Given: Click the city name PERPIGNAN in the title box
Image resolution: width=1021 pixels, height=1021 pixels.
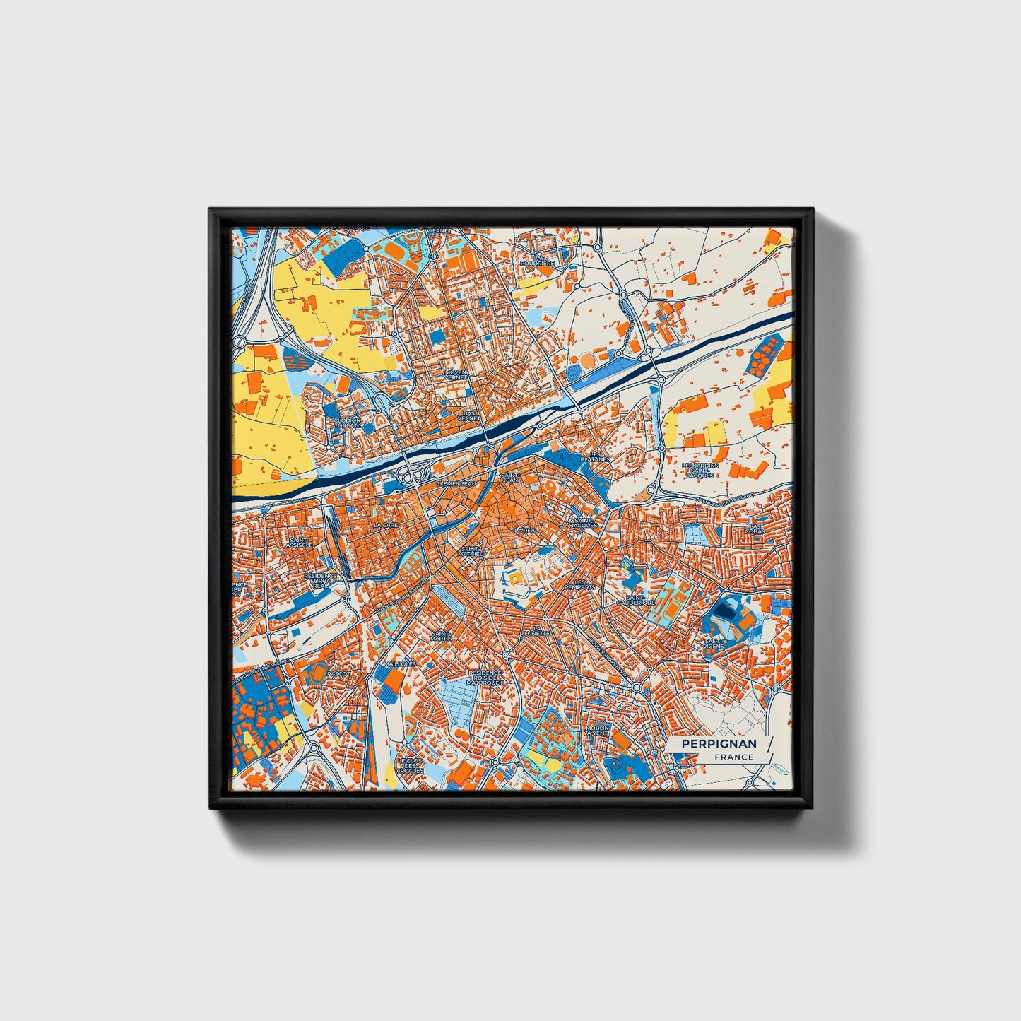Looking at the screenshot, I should point(718,743).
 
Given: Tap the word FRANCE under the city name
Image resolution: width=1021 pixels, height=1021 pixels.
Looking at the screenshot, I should point(733,757).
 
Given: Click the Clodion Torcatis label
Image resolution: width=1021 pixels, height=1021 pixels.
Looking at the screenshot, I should point(348,423).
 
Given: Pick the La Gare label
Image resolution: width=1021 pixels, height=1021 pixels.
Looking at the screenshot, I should point(386,526).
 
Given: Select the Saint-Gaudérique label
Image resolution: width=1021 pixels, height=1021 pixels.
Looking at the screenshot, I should point(635,600).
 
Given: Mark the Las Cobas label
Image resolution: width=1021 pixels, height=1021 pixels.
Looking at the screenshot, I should point(757,529).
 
